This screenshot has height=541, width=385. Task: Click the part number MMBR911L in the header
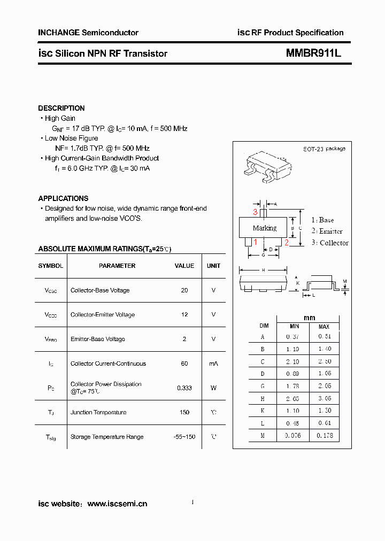click(313, 53)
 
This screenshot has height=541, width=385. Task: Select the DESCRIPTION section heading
click(61, 108)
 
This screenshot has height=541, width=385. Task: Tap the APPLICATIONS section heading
click(63, 198)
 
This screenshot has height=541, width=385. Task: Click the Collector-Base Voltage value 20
click(184, 290)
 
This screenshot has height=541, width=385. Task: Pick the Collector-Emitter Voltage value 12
click(184, 315)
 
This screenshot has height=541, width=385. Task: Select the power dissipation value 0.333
click(184, 388)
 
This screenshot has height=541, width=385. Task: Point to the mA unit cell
click(213, 364)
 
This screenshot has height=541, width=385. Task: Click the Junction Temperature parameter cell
click(98, 412)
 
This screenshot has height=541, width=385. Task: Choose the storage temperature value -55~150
click(184, 437)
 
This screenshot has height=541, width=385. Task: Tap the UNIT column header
click(213, 266)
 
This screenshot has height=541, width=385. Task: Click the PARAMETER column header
click(117, 266)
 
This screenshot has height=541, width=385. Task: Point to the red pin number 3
click(256, 213)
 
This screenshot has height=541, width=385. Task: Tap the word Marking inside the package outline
click(265, 228)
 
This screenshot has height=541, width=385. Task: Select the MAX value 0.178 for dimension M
click(324, 436)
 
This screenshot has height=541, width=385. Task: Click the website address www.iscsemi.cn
click(117, 504)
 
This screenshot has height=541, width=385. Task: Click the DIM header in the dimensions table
click(264, 326)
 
